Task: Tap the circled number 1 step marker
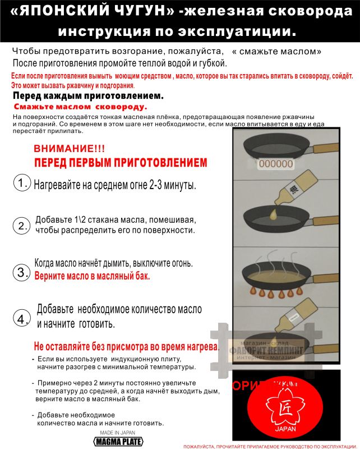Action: click(21, 183)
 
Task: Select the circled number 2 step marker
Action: click(21, 226)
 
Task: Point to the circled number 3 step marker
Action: click(21, 273)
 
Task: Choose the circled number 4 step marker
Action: click(21, 319)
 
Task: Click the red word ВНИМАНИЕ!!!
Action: click(69, 149)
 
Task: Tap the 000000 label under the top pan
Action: click(275, 164)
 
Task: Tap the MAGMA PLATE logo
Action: click(118, 442)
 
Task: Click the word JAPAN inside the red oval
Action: click(285, 428)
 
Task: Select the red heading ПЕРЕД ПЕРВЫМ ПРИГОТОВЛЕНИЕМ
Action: click(120, 163)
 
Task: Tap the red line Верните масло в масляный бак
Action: click(93, 276)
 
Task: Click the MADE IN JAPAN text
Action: click(118, 433)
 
